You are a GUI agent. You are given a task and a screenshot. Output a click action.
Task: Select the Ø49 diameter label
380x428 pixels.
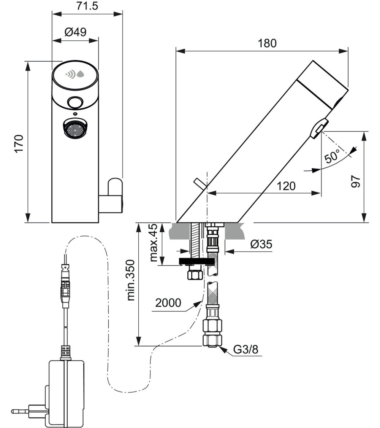click(x=75, y=32)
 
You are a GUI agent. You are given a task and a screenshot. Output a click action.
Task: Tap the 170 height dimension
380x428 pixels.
click(x=19, y=143)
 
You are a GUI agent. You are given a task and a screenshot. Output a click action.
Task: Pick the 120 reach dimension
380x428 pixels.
click(x=285, y=186)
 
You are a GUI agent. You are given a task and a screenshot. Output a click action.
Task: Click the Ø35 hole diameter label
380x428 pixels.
click(x=261, y=244)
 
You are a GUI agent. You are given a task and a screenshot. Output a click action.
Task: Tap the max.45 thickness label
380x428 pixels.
click(x=153, y=243)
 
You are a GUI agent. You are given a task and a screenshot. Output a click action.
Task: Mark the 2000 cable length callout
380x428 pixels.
click(x=168, y=304)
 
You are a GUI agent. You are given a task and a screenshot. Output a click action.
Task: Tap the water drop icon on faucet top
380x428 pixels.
click(x=81, y=74)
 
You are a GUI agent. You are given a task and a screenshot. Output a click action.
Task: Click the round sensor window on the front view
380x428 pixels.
click(x=75, y=102)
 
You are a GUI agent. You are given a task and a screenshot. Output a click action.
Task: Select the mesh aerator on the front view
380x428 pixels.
click(x=75, y=128)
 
